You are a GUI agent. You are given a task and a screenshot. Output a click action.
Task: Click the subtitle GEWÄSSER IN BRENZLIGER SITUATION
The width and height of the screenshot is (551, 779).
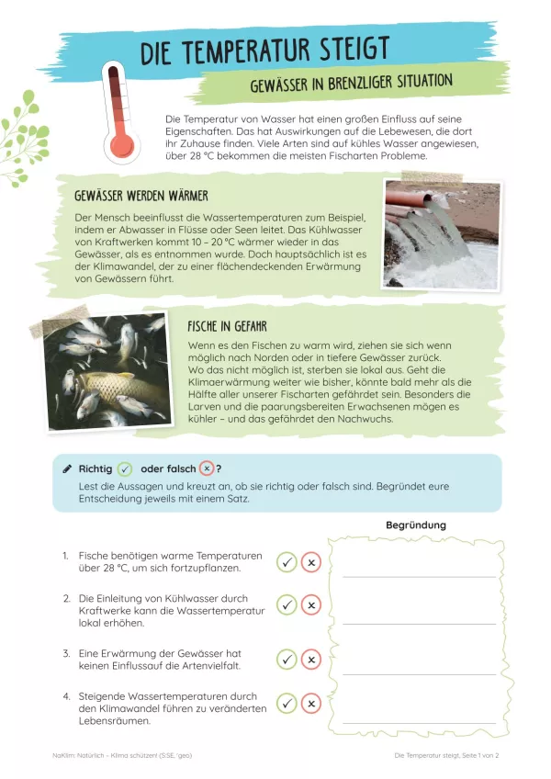click(351, 84)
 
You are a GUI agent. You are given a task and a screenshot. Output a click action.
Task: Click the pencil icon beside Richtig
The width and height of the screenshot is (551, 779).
click(67, 469)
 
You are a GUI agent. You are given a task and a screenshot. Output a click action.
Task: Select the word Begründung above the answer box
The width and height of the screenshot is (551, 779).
click(416, 525)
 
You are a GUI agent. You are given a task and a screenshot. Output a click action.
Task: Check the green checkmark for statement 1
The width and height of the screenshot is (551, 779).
click(287, 562)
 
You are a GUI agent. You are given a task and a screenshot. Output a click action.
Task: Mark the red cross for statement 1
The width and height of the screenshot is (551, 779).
click(311, 562)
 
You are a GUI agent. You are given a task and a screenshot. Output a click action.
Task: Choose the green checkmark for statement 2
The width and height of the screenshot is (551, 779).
click(287, 604)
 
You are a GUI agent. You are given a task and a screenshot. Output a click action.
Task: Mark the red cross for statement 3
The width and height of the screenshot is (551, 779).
click(311, 660)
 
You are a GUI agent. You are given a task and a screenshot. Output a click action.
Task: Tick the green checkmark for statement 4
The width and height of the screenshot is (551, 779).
click(287, 704)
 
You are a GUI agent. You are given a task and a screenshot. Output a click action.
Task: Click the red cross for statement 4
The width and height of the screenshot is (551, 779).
click(311, 704)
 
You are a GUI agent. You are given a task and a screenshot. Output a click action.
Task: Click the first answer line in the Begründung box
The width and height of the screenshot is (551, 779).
click(419, 576)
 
